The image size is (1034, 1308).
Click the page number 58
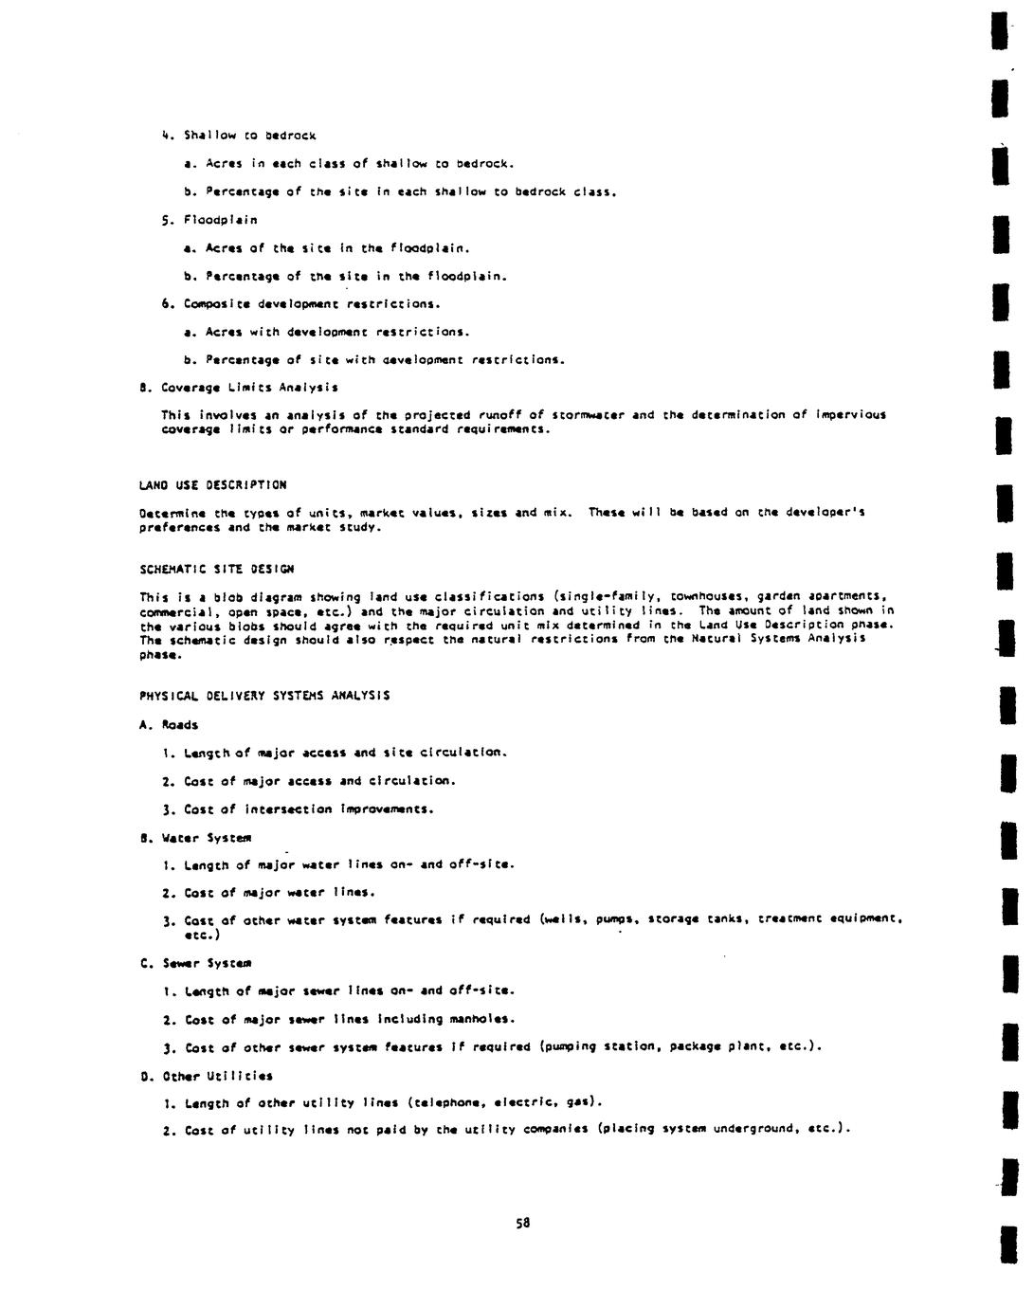pos(522,1223)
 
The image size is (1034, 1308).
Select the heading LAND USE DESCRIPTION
pos(212,485)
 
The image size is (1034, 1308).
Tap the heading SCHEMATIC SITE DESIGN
pos(216,570)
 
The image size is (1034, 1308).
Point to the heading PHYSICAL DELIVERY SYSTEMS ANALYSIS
pos(264,696)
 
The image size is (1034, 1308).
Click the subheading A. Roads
pos(169,725)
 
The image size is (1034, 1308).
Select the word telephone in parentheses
pos(444,1102)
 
